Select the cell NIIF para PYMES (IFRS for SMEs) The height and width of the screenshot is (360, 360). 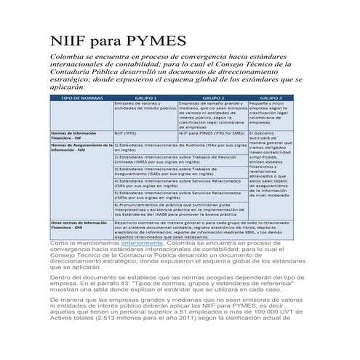point(212,134)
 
